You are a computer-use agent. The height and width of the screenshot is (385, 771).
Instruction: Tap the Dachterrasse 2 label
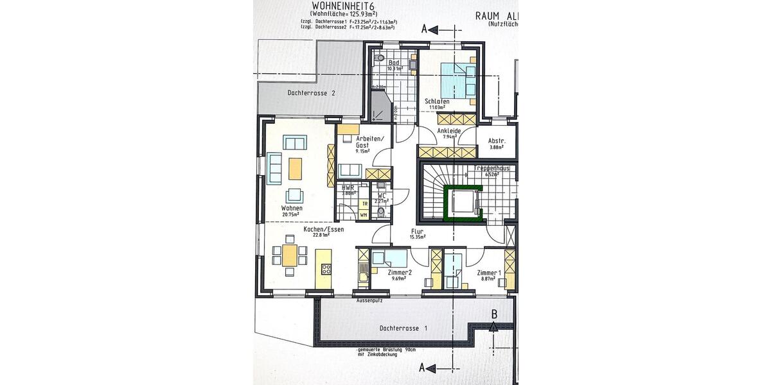point(312,93)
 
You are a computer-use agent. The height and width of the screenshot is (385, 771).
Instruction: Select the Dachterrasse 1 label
point(403,328)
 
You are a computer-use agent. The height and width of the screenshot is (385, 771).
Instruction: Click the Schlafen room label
point(437,101)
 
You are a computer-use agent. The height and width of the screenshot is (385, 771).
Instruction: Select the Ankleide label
point(447,130)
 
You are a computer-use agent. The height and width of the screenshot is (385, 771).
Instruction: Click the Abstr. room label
point(497,141)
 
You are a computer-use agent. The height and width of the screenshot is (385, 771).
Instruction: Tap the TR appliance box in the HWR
point(364,204)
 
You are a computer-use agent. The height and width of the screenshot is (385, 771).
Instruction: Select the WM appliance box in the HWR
point(364,215)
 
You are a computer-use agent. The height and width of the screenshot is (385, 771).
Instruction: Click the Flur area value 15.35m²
point(418,237)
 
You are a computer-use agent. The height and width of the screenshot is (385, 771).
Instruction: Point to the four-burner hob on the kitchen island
point(326,268)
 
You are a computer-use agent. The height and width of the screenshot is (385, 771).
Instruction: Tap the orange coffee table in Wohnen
point(295,168)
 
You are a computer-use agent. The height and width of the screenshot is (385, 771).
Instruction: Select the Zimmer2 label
point(400,273)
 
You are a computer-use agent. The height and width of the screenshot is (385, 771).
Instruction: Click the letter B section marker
point(493,314)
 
